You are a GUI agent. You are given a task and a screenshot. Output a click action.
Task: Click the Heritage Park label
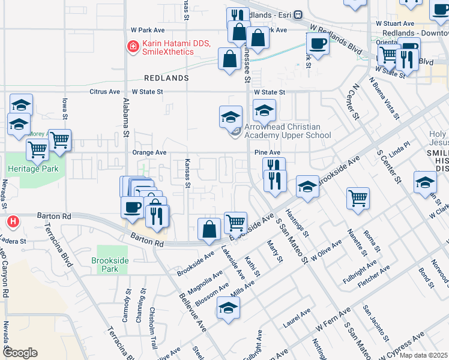tap(32, 169)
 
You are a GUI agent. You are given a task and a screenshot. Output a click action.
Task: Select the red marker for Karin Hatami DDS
tap(132, 45)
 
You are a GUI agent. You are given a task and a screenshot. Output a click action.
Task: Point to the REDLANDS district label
tap(166, 79)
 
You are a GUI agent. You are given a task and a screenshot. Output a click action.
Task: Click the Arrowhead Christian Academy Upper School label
tap(287, 131)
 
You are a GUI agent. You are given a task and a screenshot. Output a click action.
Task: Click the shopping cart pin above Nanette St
tap(358, 198)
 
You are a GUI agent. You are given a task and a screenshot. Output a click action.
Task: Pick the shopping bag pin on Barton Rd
tap(208, 229)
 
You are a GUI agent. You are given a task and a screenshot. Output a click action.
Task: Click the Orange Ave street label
tap(149, 153)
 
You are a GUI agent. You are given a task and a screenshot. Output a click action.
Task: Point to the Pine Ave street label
tap(267, 153)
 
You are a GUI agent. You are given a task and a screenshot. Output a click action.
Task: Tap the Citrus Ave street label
tap(104, 92)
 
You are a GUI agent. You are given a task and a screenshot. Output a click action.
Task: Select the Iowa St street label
tap(64, 109)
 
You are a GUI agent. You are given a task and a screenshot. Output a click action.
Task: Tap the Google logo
tap(20, 353)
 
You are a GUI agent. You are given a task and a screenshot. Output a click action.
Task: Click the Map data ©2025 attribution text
tap(423, 355)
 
